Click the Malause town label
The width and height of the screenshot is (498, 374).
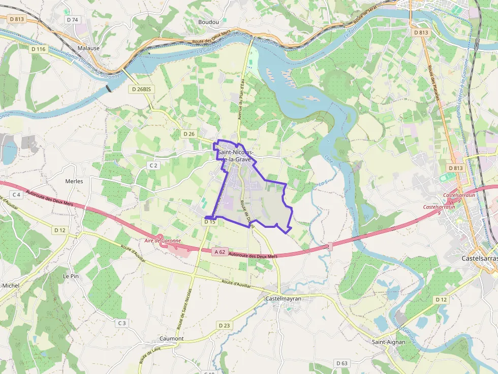[88, 48]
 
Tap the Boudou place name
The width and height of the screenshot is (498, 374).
[208, 22]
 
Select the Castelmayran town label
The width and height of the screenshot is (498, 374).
[284, 299]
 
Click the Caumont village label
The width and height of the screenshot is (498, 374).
[171, 338]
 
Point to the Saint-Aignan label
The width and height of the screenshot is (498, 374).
[389, 342]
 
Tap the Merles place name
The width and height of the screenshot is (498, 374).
[74, 181]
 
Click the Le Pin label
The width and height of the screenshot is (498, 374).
[71, 276]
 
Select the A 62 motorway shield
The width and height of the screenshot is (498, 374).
[220, 252]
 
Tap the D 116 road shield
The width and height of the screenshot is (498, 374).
[38, 49]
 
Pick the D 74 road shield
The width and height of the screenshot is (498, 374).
[73, 19]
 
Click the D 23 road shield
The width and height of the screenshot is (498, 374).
[224, 325]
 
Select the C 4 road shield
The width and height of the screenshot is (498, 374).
[16, 194]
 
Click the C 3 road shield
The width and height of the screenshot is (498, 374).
[121, 323]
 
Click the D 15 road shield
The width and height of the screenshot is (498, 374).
[210, 222]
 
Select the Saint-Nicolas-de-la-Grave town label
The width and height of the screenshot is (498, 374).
[234, 156]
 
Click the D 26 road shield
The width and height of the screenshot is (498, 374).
[189, 133]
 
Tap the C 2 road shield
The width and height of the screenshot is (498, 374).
[154, 165]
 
